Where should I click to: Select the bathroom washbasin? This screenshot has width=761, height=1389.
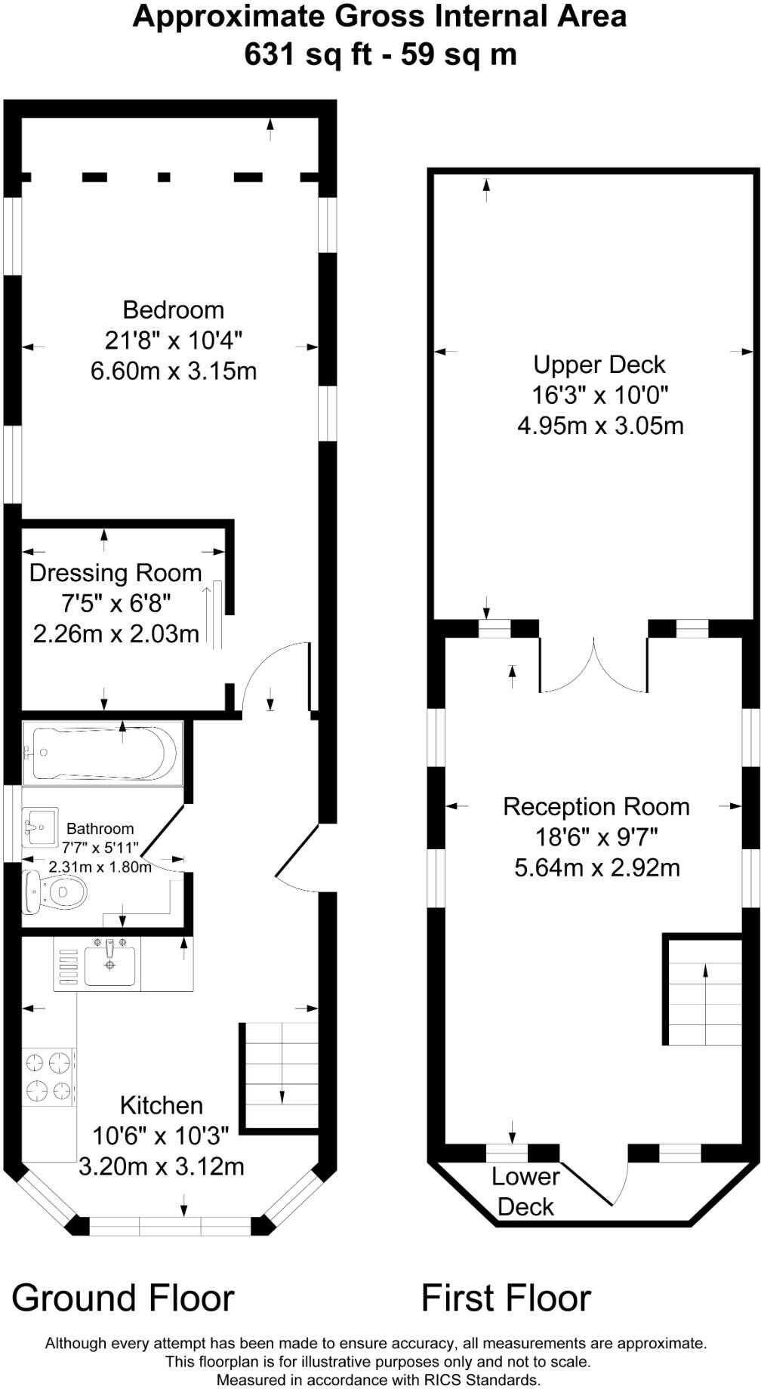[x=41, y=827]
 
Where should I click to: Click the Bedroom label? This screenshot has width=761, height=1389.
[x=174, y=310]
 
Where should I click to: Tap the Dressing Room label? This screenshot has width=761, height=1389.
[x=116, y=573]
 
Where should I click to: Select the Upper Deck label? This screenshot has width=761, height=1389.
[x=599, y=365]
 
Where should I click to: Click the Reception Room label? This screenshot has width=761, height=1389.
[x=596, y=807]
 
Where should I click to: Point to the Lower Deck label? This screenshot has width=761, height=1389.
[x=526, y=1191]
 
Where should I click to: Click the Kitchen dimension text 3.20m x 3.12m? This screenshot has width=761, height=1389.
[x=162, y=1166]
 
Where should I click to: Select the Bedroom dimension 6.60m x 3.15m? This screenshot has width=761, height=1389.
[x=174, y=371]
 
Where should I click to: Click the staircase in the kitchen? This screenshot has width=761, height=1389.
[x=281, y=1076]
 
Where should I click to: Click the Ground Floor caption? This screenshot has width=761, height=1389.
[x=123, y=1298]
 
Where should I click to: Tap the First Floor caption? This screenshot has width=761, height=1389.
[x=506, y=1298]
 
